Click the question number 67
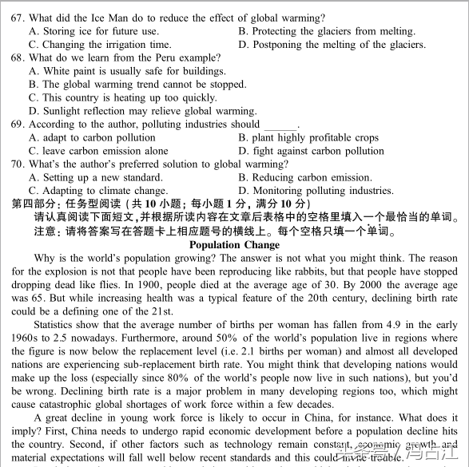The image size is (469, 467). click(x=18, y=18)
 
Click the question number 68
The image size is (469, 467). click(x=18, y=57)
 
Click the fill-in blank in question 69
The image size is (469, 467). click(x=280, y=125)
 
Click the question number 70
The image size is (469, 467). click(x=18, y=164)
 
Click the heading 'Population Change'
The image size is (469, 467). click(x=235, y=245)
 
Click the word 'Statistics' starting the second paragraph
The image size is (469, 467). click(x=58, y=325)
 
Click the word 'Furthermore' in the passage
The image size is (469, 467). click(x=146, y=338)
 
